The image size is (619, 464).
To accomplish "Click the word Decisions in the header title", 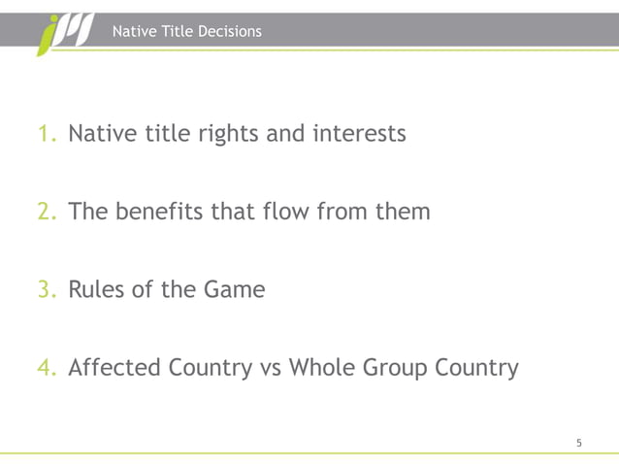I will coord(229,32).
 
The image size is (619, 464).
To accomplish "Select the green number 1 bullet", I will coord(47,133).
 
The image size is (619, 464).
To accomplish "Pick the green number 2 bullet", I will coord(47,211).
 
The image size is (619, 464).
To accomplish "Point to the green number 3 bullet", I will coord(47,289).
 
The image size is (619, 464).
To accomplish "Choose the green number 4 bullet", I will coord(47,368).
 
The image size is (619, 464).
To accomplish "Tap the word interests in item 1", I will coord(358,133).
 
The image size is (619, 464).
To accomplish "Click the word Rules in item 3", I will coord(98,289).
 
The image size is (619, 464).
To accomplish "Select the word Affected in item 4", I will coord(115,368).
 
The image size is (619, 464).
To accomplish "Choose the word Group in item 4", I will coord(402,369).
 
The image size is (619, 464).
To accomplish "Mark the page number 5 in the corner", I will coord(579,443).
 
